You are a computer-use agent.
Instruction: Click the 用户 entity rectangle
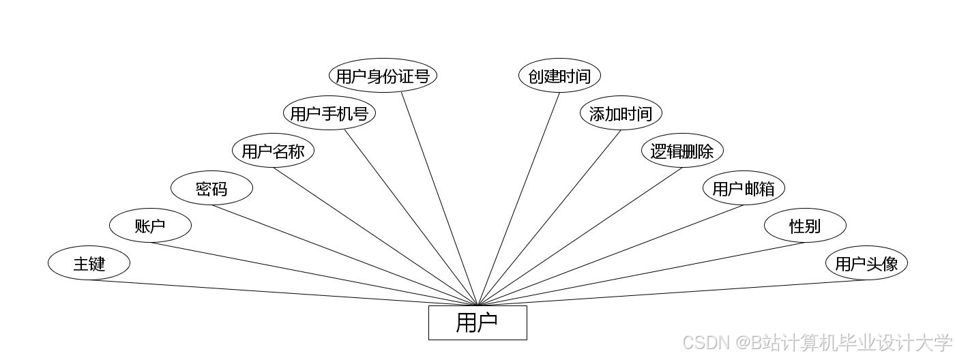pos(477,322)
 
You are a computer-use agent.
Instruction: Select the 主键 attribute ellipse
pos(89,263)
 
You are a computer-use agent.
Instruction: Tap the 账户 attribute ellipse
pos(150,226)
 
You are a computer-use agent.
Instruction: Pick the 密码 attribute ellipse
pos(211,188)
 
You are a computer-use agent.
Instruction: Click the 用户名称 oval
pos(273,151)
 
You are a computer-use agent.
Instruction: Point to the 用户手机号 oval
pos(329,113)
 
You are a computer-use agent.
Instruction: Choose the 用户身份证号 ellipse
pos(383,76)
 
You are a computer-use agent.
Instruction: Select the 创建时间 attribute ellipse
pos(559,76)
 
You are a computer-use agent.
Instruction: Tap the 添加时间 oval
pos(621,113)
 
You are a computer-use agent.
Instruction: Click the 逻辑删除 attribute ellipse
pos(682,151)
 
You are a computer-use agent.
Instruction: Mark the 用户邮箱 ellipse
pos(744,188)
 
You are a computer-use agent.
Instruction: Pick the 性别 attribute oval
pos(805,226)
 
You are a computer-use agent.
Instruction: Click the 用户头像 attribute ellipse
pos(866,263)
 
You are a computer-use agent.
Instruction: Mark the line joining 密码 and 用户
pos(344,255)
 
